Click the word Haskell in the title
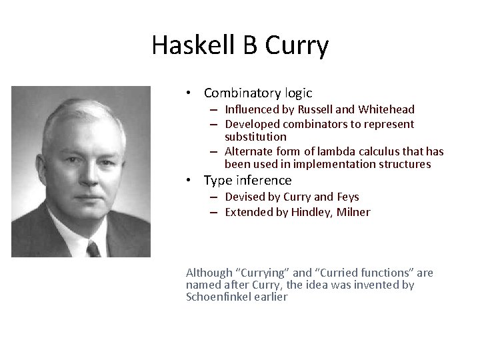point(193,45)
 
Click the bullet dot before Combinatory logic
point(190,94)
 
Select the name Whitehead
point(386,109)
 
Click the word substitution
point(255,137)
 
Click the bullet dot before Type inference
point(190,181)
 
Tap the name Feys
point(347,197)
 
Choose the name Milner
point(355,212)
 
